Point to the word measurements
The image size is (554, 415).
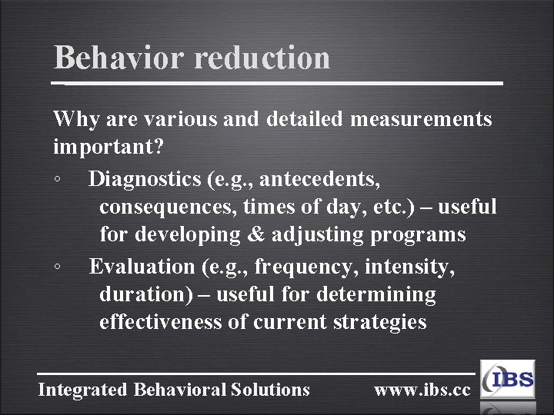tap(421, 119)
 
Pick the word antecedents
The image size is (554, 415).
tap(319, 179)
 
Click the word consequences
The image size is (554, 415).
tap(169, 207)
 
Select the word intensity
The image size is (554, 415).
tap(409, 267)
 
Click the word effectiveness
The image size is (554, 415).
tap(161, 322)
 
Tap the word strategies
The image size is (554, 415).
tap(379, 322)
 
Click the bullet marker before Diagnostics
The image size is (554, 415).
tap(58, 181)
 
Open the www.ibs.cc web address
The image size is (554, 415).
tap(422, 390)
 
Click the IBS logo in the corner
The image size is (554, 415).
tap(509, 380)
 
